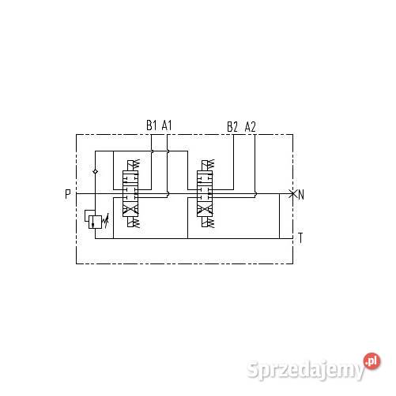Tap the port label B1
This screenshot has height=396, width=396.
[x=151, y=125]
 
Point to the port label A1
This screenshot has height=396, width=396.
[x=168, y=125]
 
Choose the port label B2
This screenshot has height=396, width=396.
[x=232, y=125]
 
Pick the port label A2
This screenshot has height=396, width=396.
[x=251, y=125]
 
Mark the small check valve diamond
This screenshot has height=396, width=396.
[x=95, y=170]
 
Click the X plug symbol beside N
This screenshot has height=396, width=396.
[x=292, y=193]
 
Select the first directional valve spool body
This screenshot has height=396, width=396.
[x=130, y=193]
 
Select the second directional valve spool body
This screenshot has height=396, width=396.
[x=206, y=193]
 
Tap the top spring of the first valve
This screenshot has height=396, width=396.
[x=130, y=165]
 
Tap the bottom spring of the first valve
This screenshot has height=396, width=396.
[x=130, y=223]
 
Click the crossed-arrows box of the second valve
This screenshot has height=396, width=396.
[x=206, y=209]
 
